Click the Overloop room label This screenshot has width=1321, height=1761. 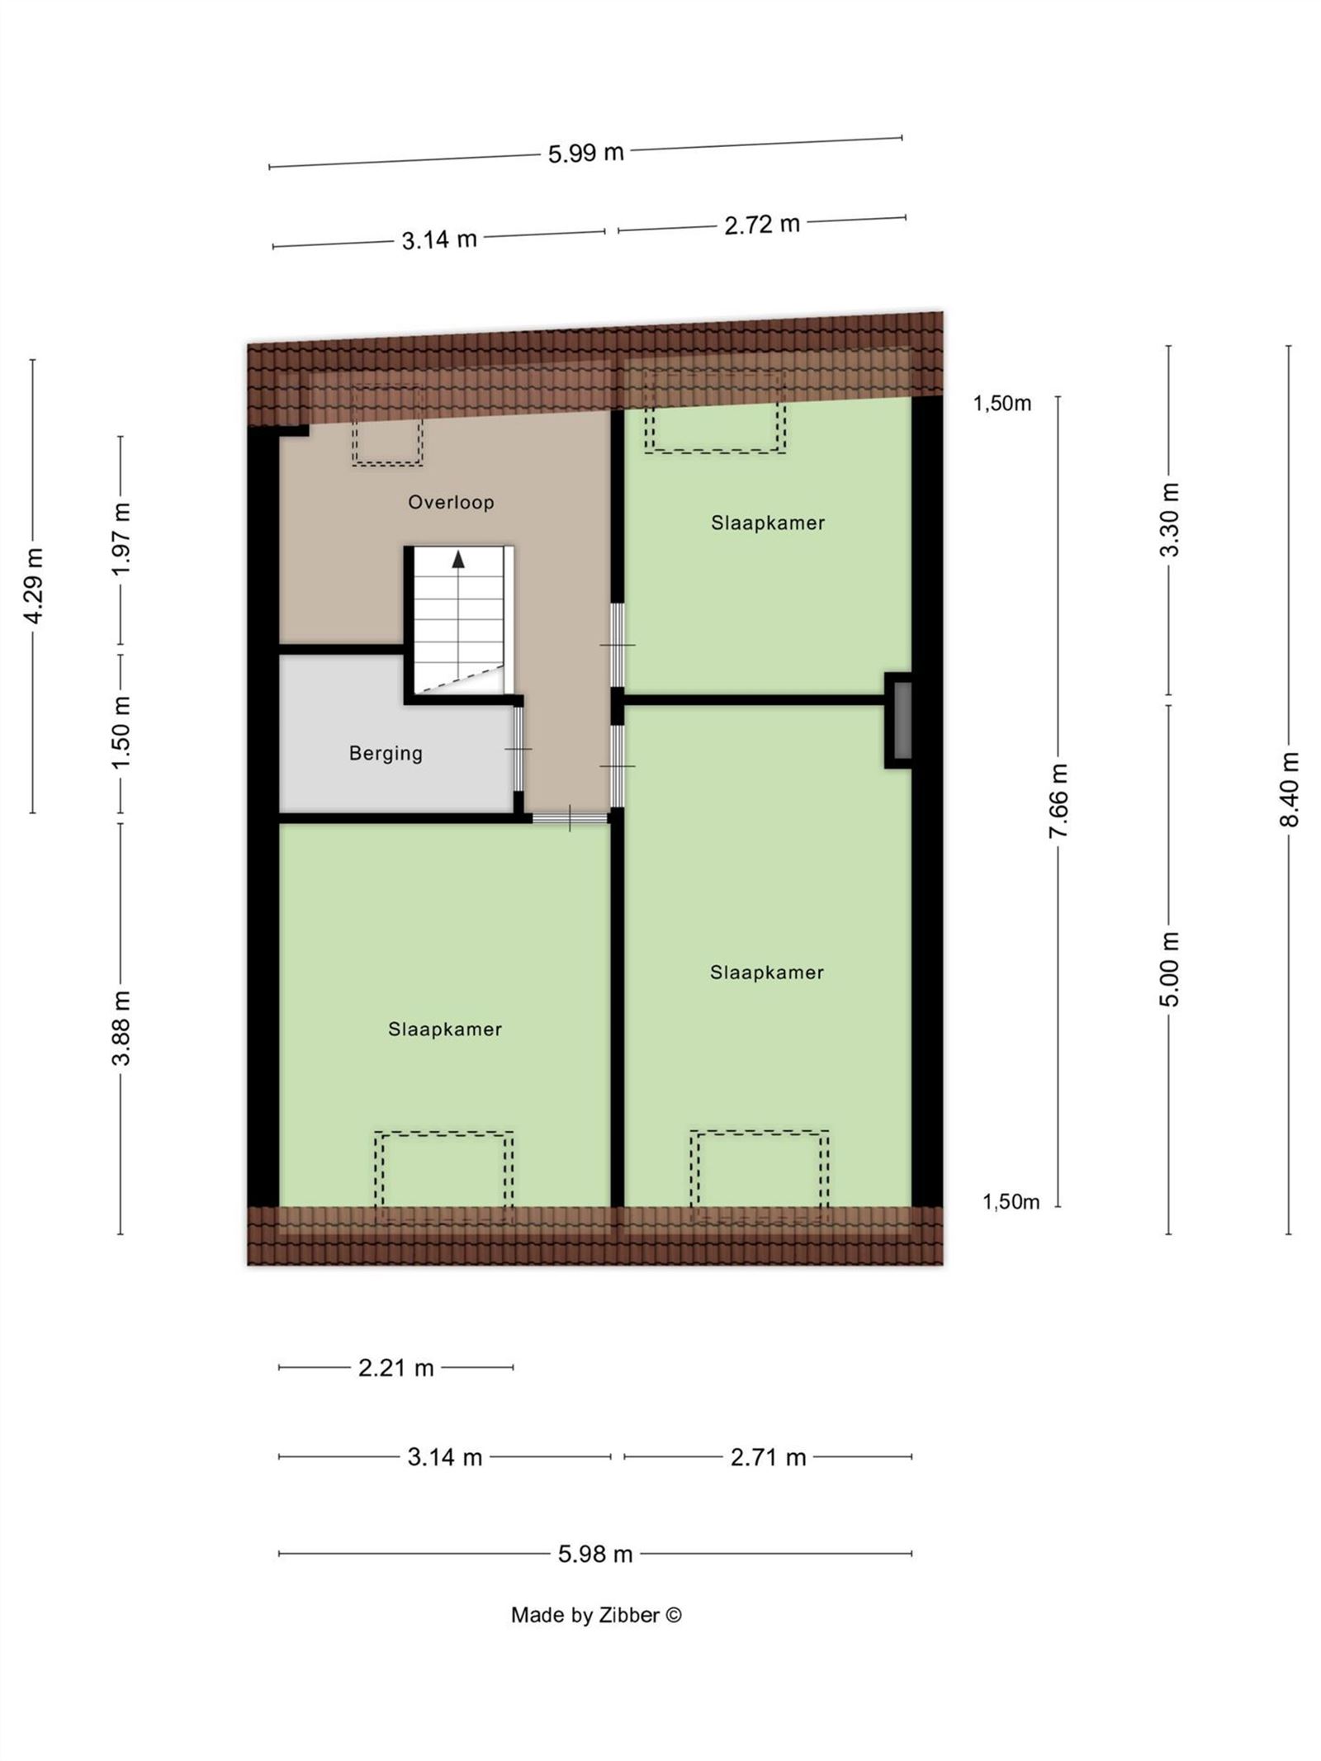click(x=451, y=502)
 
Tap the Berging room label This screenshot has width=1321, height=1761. click(x=386, y=753)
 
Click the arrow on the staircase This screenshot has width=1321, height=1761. click(x=458, y=560)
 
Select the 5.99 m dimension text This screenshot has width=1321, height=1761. click(x=585, y=153)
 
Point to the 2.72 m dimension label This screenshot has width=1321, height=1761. click(x=761, y=225)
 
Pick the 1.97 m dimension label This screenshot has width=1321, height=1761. click(x=121, y=540)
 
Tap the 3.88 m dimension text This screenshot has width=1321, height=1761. click(x=121, y=1028)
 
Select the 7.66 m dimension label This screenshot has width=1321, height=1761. click(x=1058, y=801)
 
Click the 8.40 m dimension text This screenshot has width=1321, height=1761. click(x=1290, y=788)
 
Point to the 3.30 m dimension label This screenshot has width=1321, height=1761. click(x=1169, y=520)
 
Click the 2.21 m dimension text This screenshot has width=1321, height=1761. click(x=395, y=1368)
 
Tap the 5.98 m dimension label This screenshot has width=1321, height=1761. click(x=594, y=1555)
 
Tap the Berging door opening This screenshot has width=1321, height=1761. click(x=518, y=750)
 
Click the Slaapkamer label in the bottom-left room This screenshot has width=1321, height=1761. click(x=445, y=1030)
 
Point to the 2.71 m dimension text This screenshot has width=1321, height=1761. click(x=767, y=1457)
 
